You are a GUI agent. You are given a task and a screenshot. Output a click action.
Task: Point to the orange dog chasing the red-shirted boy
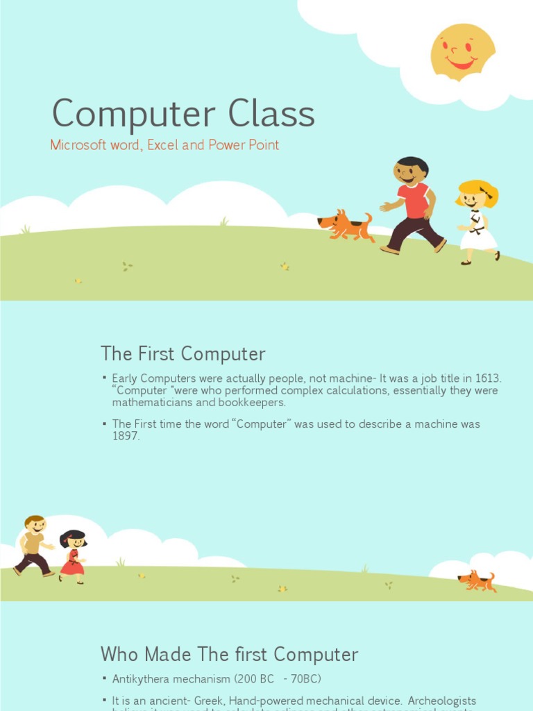pos(346,226)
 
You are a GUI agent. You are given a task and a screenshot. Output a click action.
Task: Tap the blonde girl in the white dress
pos(477,221)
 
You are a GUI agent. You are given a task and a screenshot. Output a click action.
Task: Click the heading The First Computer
pos(183,353)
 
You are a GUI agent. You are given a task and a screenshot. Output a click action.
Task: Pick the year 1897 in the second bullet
pos(126,436)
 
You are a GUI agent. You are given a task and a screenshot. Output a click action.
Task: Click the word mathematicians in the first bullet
pos(151,403)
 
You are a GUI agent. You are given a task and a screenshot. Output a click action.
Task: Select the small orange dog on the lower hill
pos(477,580)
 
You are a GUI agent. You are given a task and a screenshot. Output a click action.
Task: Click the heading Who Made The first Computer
pos(229,654)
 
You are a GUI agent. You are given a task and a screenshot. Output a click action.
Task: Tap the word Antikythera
pos(145,678)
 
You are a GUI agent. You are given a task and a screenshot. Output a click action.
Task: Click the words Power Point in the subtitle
pos(244,145)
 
